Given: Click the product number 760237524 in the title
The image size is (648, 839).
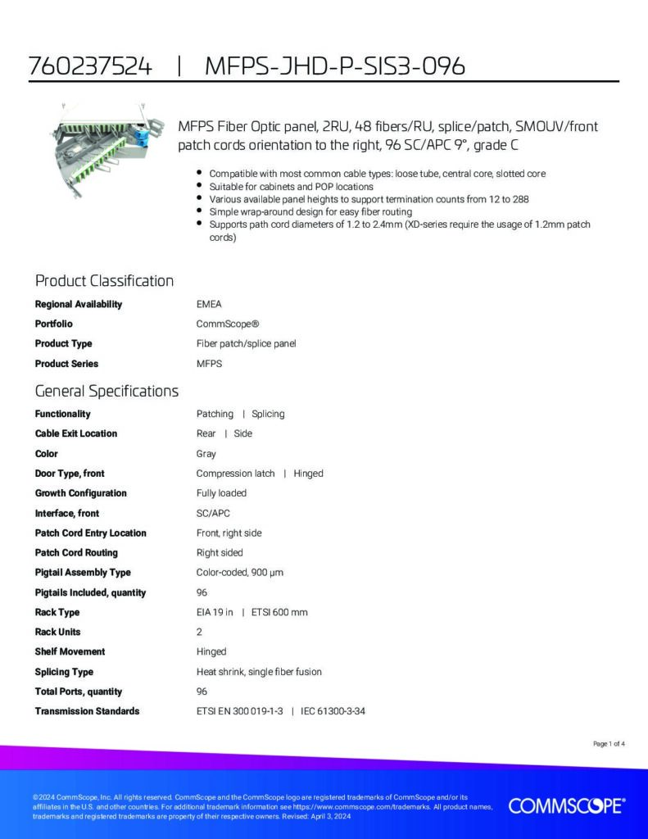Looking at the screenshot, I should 90,66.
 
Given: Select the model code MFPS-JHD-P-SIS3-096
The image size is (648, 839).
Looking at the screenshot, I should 334,66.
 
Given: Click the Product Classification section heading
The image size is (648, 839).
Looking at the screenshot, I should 104,281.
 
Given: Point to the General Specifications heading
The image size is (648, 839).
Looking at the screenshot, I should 106,391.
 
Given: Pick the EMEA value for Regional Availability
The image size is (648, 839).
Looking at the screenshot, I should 209,304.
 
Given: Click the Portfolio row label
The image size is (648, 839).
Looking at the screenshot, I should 53,324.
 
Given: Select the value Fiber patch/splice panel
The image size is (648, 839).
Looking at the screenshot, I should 246,343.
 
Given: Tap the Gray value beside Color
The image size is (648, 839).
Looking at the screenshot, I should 206,453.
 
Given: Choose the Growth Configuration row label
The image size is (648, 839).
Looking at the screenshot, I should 80,493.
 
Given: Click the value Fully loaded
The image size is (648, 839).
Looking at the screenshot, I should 221,493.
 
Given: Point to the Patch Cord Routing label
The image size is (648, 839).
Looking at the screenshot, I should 76,552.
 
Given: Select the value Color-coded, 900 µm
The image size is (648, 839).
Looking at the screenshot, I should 240,572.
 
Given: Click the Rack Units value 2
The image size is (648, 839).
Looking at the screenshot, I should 199,632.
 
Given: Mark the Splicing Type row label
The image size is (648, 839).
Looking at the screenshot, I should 64,672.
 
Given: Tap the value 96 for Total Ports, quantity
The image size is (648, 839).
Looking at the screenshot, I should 202,692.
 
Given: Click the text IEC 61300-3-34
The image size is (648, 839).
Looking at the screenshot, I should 333,711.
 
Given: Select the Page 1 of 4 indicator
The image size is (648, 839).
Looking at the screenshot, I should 609,744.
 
